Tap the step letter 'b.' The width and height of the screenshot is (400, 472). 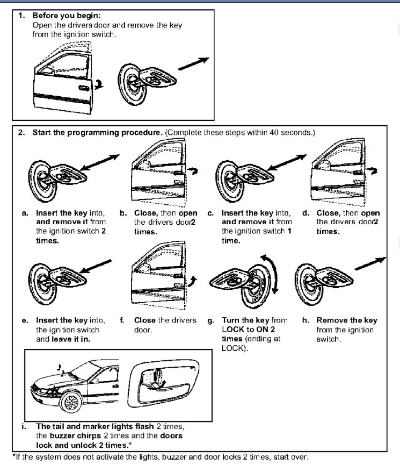coord(123,213)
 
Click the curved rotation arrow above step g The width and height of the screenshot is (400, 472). coord(275,274)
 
